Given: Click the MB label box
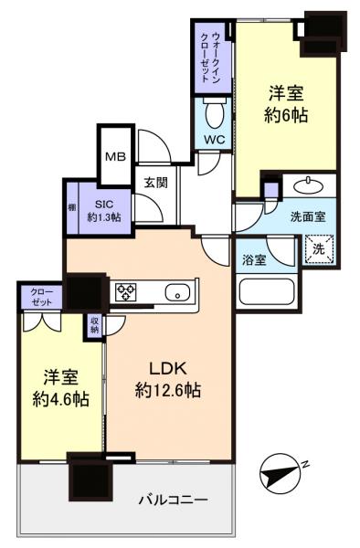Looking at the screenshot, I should coord(115,155).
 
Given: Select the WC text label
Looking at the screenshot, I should coord(215,140).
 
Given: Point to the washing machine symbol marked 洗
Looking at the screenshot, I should coord(318,248).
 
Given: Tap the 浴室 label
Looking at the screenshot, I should coord(255,258).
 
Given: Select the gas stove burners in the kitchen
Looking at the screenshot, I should coord(123,292).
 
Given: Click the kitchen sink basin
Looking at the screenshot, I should coord(176,293).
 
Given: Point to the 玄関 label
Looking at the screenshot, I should coord(154,181).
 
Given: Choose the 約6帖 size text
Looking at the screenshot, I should coord(285,114).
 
